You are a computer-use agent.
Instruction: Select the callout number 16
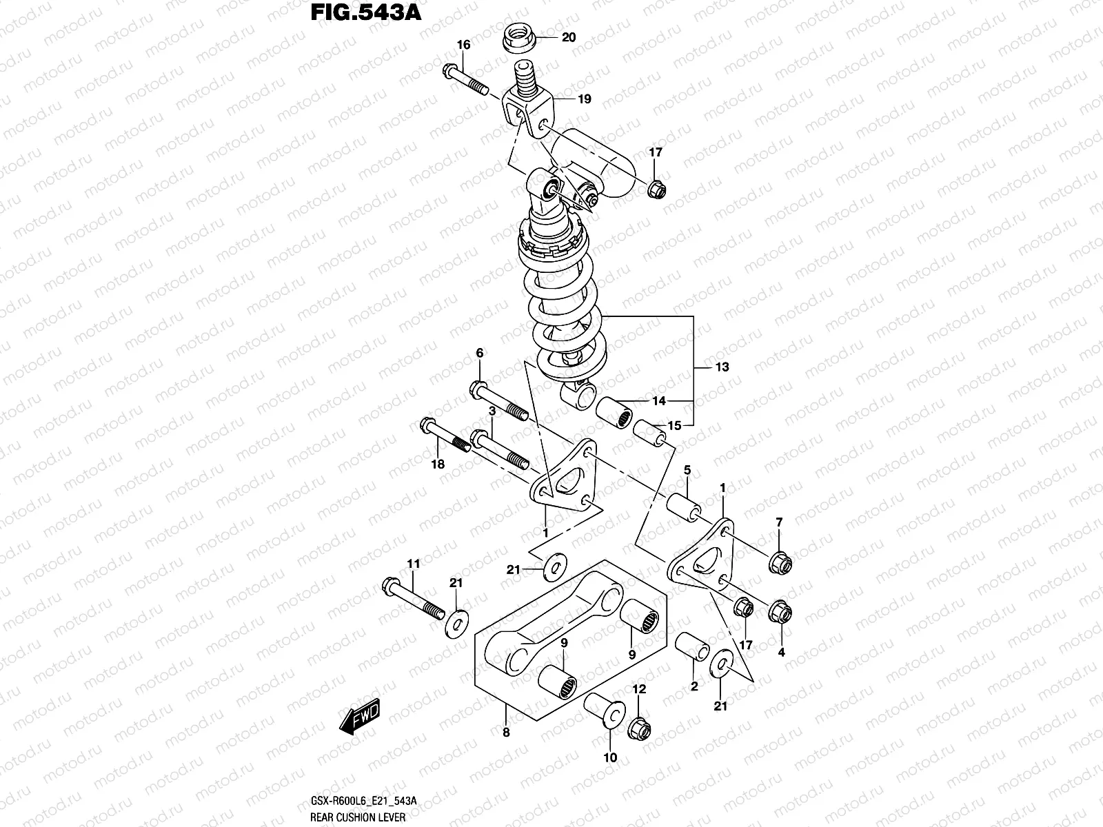(x=463, y=45)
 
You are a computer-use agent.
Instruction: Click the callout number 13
(x=721, y=367)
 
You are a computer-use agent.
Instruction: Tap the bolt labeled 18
(x=444, y=437)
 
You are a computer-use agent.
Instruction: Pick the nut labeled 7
(x=780, y=563)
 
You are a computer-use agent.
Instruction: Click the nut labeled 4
(x=780, y=611)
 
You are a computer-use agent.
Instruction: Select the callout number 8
(x=506, y=733)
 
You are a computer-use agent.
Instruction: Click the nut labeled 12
(x=638, y=726)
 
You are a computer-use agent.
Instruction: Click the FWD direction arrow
(x=360, y=720)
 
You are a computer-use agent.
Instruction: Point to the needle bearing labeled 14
(x=614, y=413)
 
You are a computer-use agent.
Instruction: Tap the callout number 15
(x=674, y=426)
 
